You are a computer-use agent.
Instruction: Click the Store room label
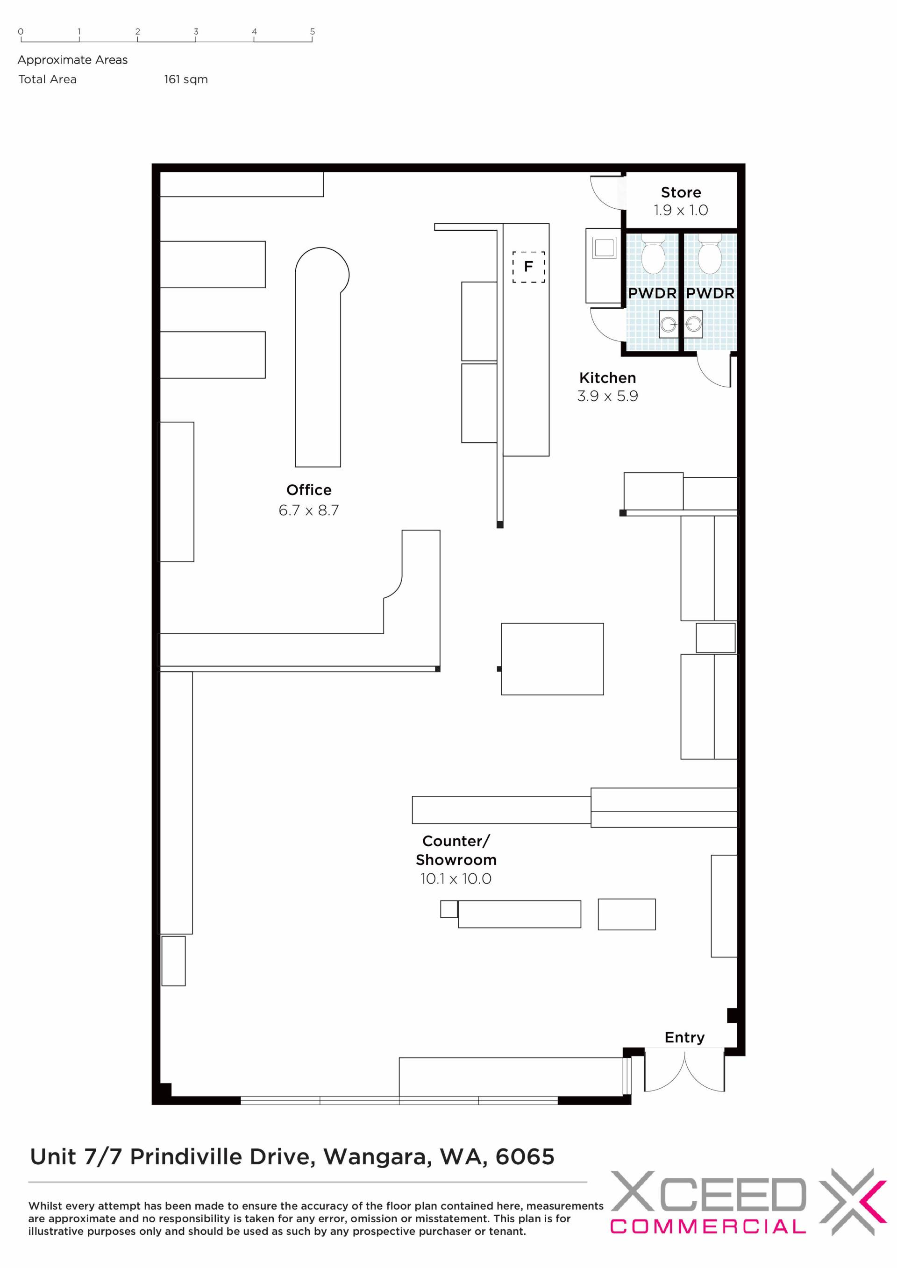click(681, 192)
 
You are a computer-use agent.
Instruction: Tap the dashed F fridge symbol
click(528, 267)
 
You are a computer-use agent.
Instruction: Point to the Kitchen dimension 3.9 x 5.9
click(607, 396)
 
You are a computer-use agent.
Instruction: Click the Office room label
click(309, 490)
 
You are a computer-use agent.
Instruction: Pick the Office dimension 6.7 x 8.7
click(309, 510)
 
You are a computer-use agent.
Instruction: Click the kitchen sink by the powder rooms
click(604, 248)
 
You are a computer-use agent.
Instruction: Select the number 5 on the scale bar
click(313, 31)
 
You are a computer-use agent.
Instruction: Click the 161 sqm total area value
click(185, 79)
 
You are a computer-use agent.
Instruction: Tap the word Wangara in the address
click(377, 1157)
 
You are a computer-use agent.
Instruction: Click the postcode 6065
click(525, 1156)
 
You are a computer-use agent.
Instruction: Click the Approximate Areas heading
click(72, 60)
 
